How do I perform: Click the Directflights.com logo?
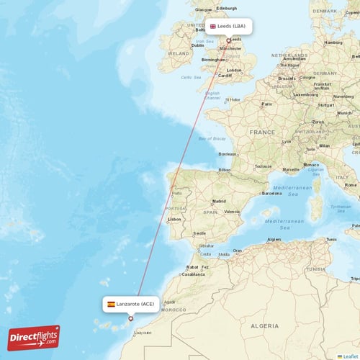point(34,337)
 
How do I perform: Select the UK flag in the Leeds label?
point(213,26)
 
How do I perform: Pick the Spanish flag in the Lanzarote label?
point(111,304)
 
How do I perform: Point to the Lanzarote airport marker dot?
point(130,318)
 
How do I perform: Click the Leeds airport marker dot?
point(228,40)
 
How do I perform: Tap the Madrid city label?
point(219,201)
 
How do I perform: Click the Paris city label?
point(266,104)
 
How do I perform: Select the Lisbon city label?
point(174,219)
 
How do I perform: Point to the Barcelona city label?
point(271,193)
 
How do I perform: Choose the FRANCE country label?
point(262,132)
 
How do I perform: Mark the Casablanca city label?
point(193,274)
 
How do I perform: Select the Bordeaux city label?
point(228,153)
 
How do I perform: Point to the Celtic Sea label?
point(191,77)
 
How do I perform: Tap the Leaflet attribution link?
point(351,356)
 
